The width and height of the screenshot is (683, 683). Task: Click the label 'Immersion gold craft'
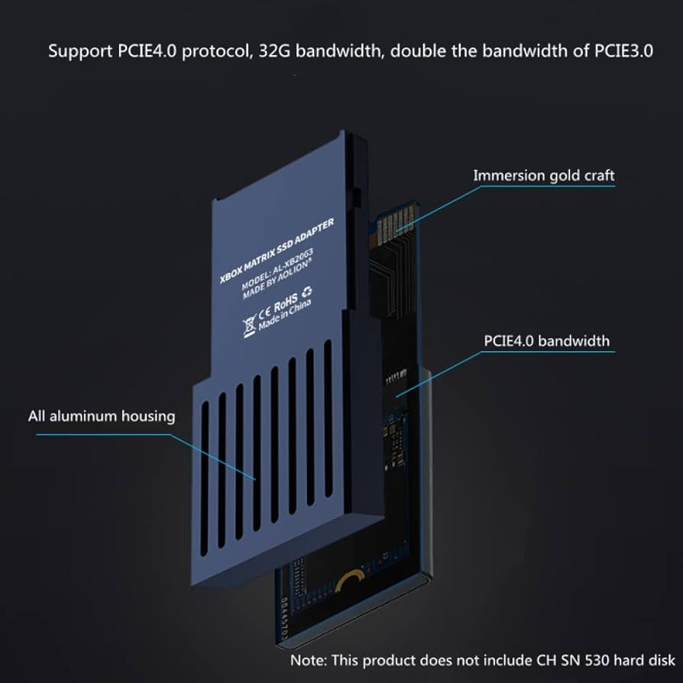point(543,176)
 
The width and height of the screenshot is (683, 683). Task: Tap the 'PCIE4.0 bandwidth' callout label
point(547,340)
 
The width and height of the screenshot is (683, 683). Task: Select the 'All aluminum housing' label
point(102,416)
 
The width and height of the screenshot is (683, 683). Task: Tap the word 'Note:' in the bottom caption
point(307,659)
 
